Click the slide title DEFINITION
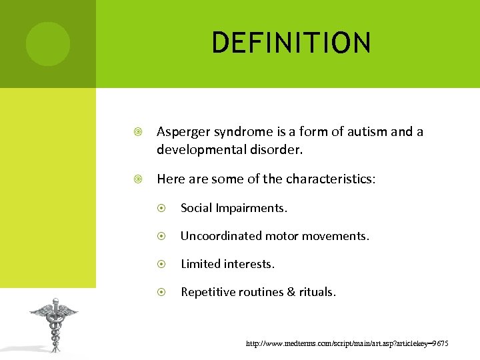click(x=291, y=43)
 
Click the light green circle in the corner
click(x=47, y=43)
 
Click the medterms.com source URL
click(x=347, y=343)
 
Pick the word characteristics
click(x=329, y=179)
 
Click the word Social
click(x=196, y=208)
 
